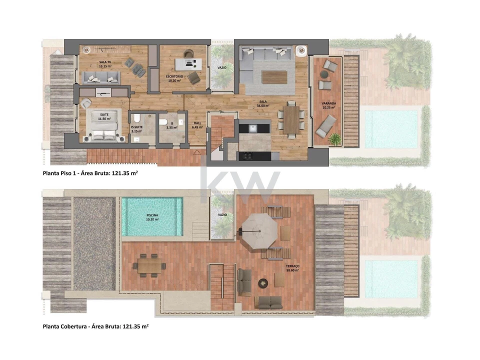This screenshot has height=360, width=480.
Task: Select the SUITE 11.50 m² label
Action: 103,116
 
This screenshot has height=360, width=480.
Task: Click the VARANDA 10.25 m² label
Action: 328,105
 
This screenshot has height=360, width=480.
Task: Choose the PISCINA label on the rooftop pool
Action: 152,216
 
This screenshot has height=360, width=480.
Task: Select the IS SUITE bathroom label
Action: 136,129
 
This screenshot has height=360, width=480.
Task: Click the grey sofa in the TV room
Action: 101,77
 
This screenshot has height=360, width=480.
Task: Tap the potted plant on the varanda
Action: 334,139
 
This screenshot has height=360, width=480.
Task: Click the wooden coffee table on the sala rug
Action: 274,77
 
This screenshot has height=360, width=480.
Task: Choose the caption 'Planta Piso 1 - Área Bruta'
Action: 90,174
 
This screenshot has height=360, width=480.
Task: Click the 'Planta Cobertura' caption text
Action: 95,326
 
